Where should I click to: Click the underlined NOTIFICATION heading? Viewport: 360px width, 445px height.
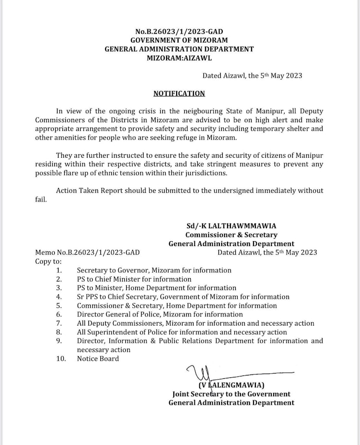(179, 94)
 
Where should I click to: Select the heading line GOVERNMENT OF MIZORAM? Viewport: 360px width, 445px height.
(179, 40)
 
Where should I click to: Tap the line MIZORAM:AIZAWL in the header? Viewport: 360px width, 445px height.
(179, 58)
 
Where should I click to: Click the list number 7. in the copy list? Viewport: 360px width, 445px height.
(59, 323)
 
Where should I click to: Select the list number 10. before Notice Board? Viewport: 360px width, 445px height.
(60, 358)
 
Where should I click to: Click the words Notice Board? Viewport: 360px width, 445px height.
(98, 358)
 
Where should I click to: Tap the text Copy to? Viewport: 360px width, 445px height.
(48, 261)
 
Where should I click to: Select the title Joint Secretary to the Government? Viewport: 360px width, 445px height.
(231, 394)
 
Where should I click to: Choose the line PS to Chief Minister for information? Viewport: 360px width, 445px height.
(134, 279)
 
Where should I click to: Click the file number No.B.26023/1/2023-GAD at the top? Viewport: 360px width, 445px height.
(179, 32)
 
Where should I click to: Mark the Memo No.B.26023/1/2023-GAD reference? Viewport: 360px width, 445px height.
(87, 252)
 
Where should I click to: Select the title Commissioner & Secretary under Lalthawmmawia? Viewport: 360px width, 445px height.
(231, 235)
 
